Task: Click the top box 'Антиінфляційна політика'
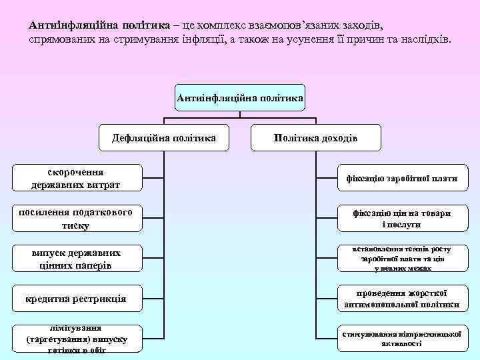[x=240, y=98]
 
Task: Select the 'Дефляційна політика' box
[x=164, y=138]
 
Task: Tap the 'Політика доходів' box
[x=316, y=138]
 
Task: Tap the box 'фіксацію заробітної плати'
[x=401, y=179]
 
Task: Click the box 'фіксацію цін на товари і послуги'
[x=401, y=219]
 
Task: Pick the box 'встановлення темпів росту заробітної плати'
[x=401, y=259]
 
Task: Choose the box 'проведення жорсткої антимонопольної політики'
[x=401, y=299]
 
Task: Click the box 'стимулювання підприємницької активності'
[x=401, y=339]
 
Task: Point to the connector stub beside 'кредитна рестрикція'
[x=154, y=299]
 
